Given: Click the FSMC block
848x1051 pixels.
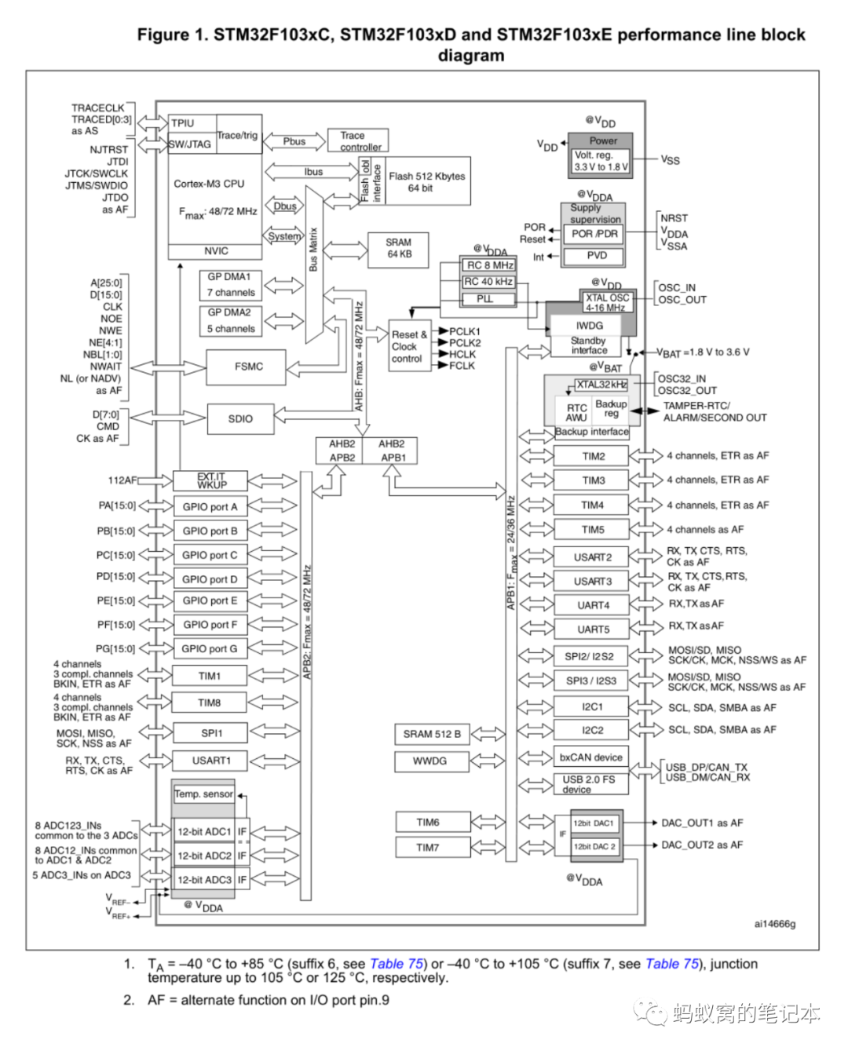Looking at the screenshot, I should (x=248, y=367).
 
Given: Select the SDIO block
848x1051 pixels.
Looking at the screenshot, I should (x=240, y=419).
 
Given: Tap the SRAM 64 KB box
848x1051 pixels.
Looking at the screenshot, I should (x=398, y=249).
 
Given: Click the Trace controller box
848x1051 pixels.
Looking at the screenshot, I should (x=358, y=141).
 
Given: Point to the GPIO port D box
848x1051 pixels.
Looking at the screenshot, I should (x=210, y=579).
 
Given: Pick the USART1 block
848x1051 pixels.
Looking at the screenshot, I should (x=210, y=761).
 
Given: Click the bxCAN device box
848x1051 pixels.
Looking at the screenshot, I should (x=590, y=757).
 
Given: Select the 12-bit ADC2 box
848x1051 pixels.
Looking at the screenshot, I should (x=204, y=856).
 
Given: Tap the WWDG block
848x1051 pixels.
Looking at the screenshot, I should (x=429, y=761).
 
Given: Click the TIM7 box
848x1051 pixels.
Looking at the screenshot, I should (x=428, y=848).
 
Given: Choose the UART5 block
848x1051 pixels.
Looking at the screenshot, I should (x=593, y=630).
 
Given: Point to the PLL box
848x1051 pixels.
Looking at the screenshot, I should (x=485, y=299).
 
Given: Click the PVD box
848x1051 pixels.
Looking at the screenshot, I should (x=597, y=256).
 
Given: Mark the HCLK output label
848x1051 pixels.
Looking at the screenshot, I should (x=462, y=354).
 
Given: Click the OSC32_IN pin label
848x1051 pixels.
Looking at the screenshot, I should (x=682, y=378).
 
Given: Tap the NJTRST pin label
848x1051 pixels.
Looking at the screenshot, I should (x=108, y=149).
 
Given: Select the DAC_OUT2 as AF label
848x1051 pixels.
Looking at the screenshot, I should (x=702, y=845).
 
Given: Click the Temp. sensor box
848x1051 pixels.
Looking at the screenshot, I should (x=203, y=794).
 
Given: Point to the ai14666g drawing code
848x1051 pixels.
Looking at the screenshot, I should (x=774, y=924).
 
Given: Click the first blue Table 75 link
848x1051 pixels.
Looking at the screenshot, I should (x=397, y=964).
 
